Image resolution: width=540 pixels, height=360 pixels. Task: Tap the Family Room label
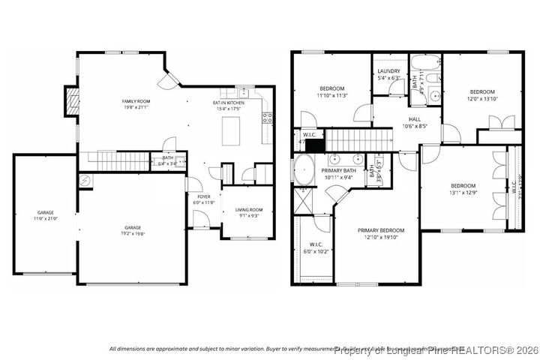click(136, 100)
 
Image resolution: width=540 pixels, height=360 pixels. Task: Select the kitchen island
click(229, 132)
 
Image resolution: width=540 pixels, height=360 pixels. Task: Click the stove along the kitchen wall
click(265, 117)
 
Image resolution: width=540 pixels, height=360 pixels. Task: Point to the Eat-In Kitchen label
click(228, 102)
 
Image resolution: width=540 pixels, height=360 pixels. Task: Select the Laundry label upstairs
click(388, 71)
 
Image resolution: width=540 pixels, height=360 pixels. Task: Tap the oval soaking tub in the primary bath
click(303, 171)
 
